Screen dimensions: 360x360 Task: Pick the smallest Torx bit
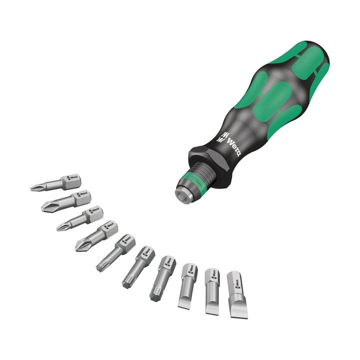pyautogui.click(x=114, y=252)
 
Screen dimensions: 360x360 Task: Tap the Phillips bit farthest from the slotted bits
pyautogui.click(x=55, y=183)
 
